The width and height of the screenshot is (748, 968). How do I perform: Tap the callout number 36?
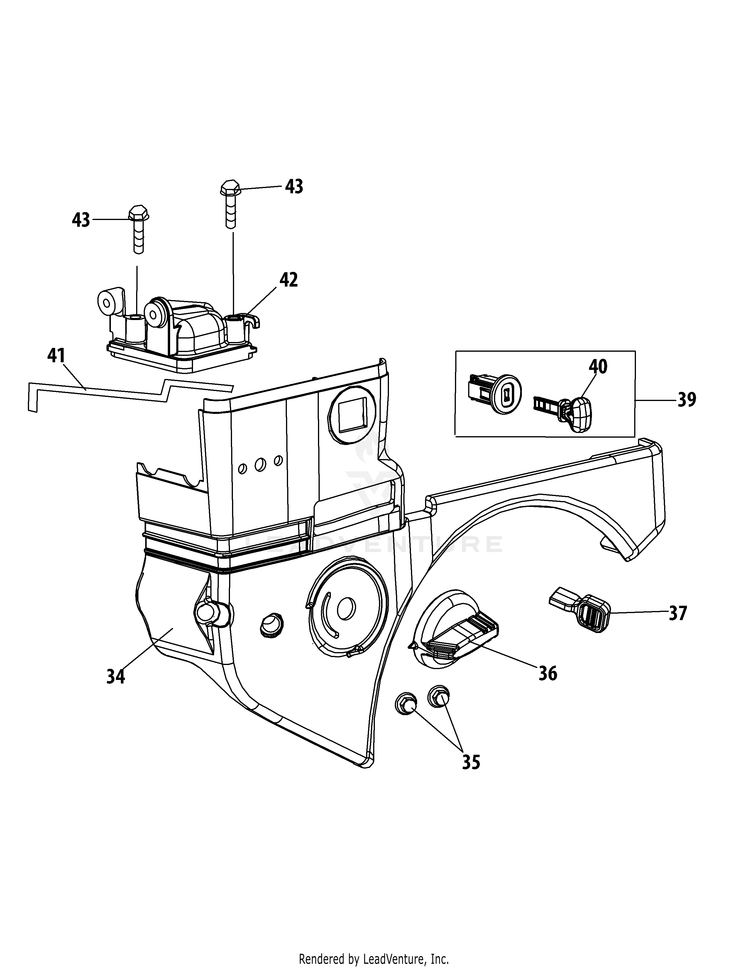(x=548, y=673)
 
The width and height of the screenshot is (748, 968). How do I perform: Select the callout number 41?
(x=56, y=356)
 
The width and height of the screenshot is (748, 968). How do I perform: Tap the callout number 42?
(x=288, y=280)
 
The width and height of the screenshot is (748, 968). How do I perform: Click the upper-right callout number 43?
(x=294, y=187)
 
